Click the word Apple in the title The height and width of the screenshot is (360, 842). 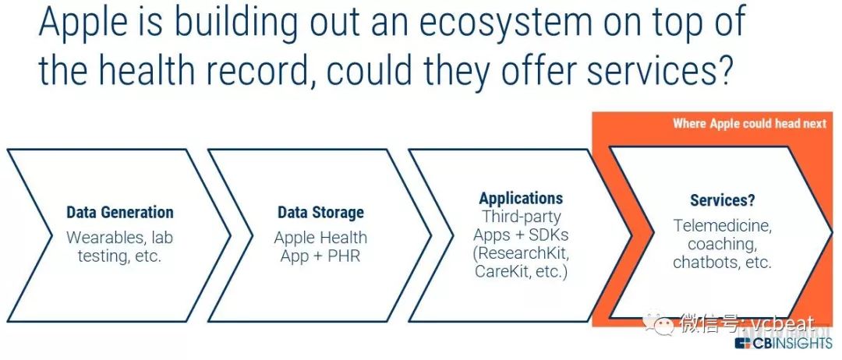click(85, 25)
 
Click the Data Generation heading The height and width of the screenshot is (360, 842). click(120, 213)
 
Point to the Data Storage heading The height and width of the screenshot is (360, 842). click(320, 213)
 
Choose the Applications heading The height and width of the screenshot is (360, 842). click(521, 198)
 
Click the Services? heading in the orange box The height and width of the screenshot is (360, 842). click(722, 200)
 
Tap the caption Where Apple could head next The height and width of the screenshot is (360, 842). click(749, 124)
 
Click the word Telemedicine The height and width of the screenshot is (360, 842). click(722, 226)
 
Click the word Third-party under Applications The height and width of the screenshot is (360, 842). click(521, 217)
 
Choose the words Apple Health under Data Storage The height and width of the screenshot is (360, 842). click(320, 237)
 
